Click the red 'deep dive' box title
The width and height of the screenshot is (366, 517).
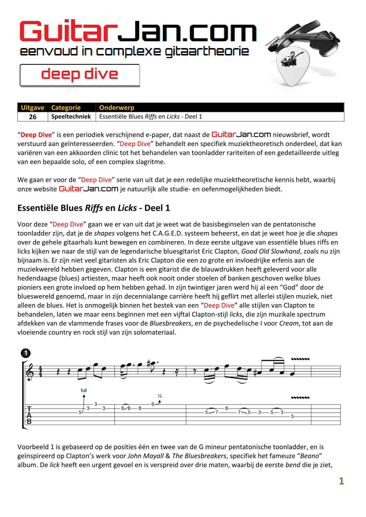click(79, 74)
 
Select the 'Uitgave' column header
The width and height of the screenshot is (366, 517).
click(32, 108)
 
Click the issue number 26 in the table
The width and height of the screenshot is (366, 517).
click(32, 117)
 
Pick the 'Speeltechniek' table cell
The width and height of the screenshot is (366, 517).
click(71, 116)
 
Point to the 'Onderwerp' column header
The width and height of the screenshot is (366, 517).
click(117, 108)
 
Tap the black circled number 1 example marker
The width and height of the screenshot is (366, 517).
click(26, 353)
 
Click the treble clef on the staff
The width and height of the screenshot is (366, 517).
click(30, 372)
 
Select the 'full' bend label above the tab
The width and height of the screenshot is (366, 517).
click(84, 390)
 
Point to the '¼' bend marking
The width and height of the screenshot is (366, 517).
click(159, 396)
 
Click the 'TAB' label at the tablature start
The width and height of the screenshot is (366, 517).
click(29, 415)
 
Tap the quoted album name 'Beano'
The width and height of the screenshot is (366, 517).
click(309, 456)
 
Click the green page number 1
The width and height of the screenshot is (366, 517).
click(342, 481)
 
